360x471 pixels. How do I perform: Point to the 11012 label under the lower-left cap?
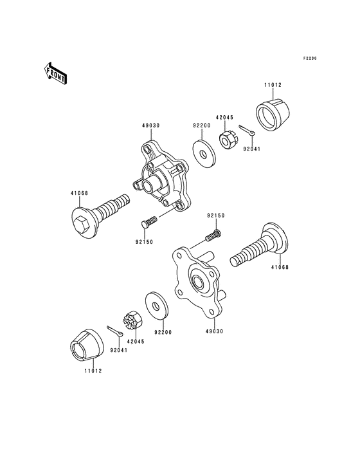pos(92,371)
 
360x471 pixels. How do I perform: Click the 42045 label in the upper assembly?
pos(224,118)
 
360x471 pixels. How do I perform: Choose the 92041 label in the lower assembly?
pos(118,351)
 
